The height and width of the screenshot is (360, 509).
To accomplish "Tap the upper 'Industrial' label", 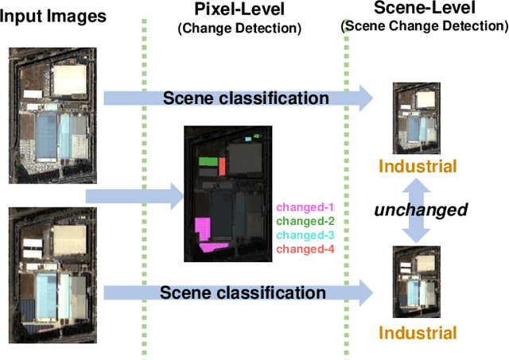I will tap(418, 166).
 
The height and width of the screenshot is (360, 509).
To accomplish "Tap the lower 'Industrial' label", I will tap(418, 332).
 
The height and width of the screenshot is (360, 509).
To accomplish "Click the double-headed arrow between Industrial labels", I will tap(418, 210).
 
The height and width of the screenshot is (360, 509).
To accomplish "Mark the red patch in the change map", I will tap(223, 165).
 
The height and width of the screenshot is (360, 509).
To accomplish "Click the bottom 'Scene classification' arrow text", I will tap(243, 292).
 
